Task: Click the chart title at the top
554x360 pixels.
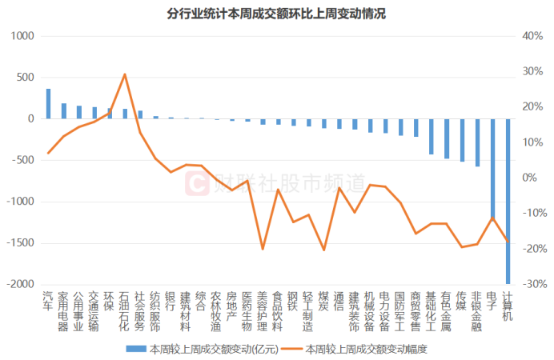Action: (276, 14)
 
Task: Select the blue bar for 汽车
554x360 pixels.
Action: (48, 104)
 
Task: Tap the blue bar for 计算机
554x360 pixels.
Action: (508, 201)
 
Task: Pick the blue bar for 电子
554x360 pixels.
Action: (492, 168)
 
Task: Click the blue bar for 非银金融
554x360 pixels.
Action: (477, 142)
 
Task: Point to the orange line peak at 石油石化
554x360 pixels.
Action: (125, 74)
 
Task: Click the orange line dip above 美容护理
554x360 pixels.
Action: (263, 249)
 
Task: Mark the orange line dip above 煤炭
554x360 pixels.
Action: (324, 250)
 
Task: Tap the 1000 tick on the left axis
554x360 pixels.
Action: (24, 37)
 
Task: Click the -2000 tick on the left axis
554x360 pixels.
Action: (22, 284)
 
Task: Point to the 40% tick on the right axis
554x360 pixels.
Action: (532, 37)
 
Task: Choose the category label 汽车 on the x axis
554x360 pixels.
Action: (48, 301)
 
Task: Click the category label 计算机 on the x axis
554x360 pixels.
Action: (508, 306)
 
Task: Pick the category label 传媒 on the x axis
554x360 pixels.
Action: (462, 301)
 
